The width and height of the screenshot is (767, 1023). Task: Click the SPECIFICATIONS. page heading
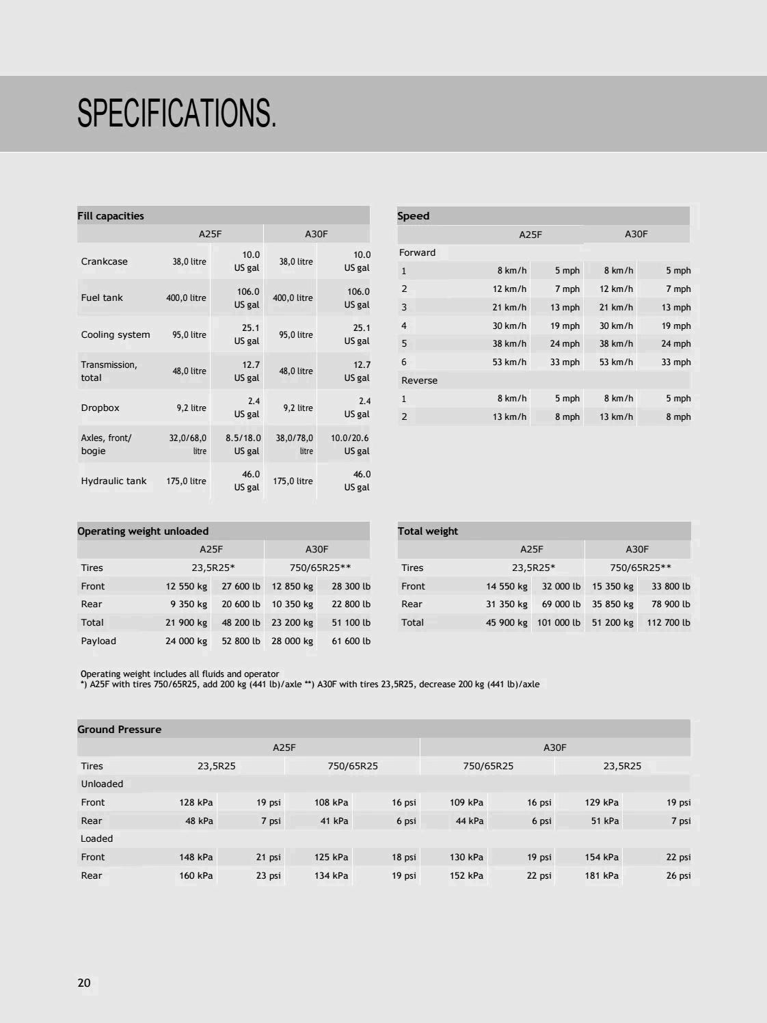click(x=177, y=113)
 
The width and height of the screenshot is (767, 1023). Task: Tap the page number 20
click(x=84, y=983)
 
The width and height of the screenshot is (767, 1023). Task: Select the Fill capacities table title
click(x=111, y=216)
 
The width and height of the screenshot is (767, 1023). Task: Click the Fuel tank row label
click(x=102, y=297)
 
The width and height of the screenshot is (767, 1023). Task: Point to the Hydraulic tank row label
click(x=113, y=481)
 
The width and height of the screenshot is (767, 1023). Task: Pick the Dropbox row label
click(x=100, y=408)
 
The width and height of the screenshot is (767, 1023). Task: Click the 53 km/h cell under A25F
click(x=509, y=362)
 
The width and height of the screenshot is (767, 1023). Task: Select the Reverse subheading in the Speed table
click(x=419, y=380)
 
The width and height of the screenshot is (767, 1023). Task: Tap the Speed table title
click(x=414, y=216)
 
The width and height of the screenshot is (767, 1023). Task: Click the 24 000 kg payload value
click(x=186, y=641)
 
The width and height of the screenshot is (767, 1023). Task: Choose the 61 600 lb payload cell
click(x=351, y=641)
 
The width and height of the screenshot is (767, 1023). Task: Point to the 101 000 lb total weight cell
click(x=559, y=622)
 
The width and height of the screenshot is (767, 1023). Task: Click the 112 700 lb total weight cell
click(x=668, y=622)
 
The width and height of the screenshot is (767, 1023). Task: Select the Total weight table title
click(x=428, y=531)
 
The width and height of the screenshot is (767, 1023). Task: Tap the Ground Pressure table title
click(x=120, y=730)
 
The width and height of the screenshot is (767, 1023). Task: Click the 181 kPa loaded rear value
click(x=602, y=875)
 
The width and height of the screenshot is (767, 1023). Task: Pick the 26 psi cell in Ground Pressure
click(x=678, y=875)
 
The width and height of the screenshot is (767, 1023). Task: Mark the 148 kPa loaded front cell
click(x=196, y=857)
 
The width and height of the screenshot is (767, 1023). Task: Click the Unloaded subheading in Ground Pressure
click(x=102, y=784)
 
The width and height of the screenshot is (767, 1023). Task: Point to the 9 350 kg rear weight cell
click(x=188, y=604)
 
